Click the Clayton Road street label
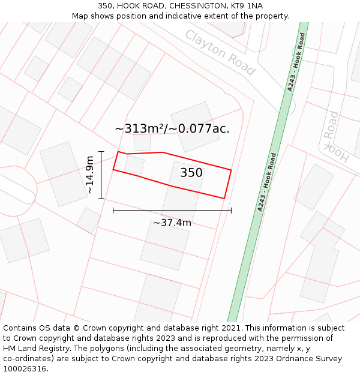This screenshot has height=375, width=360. (220, 52)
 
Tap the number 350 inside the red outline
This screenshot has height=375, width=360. (191, 173)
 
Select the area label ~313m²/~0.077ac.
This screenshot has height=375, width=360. (172, 128)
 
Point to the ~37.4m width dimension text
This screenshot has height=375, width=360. (172, 223)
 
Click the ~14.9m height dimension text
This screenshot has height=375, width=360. (89, 175)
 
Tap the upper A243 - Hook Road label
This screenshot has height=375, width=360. (296, 61)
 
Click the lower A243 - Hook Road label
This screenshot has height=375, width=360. (267, 181)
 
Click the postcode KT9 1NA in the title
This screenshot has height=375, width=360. (246, 6)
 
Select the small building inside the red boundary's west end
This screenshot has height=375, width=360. (134, 166)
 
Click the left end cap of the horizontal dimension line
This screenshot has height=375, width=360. (113, 211)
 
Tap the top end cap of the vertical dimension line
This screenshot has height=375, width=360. (101, 152)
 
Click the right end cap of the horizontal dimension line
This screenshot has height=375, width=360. (231, 211)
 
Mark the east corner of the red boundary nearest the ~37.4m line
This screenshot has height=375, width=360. (224, 198)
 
